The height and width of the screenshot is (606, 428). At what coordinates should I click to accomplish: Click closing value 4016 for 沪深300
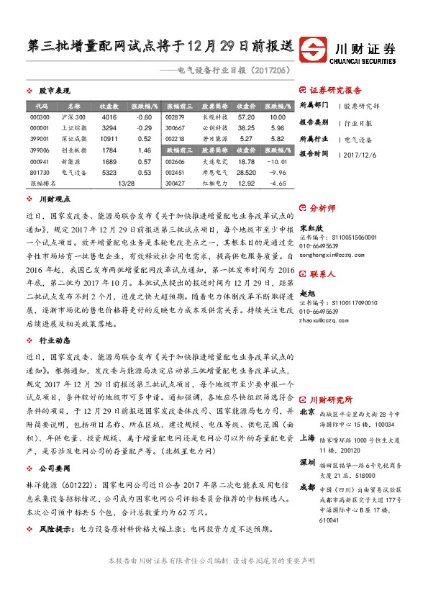(x=109, y=117)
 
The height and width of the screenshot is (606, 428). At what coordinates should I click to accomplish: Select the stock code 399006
(x=40, y=150)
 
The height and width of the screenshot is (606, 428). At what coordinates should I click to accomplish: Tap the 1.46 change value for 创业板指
(x=144, y=150)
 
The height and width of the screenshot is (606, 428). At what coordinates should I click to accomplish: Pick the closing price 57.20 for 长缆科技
(x=246, y=117)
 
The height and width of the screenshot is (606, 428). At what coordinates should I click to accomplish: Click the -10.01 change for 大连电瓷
(x=277, y=161)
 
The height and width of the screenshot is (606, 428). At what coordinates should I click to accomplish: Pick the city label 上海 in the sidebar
(x=306, y=437)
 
